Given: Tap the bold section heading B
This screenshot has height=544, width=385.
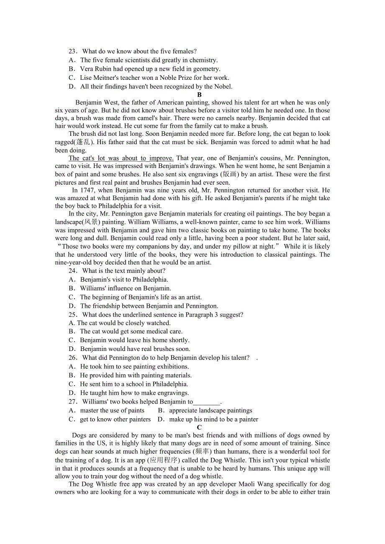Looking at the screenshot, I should (199, 95).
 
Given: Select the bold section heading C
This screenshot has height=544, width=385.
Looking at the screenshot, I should (199, 427).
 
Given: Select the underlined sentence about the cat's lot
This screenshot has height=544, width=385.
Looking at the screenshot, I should (121, 158).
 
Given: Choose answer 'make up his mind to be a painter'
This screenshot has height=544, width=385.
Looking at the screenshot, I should (213, 419).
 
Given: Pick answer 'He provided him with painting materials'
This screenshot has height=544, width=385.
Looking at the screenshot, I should (136, 376).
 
